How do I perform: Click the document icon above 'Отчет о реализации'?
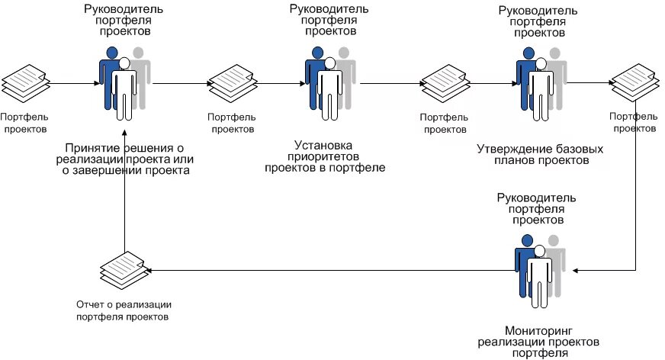[x=122, y=269]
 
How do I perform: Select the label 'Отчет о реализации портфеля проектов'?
[x=123, y=310]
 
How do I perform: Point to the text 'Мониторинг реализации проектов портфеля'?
[x=538, y=339]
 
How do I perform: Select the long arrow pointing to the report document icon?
[x=328, y=270]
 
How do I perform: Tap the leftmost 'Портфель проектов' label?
[x=24, y=123]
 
